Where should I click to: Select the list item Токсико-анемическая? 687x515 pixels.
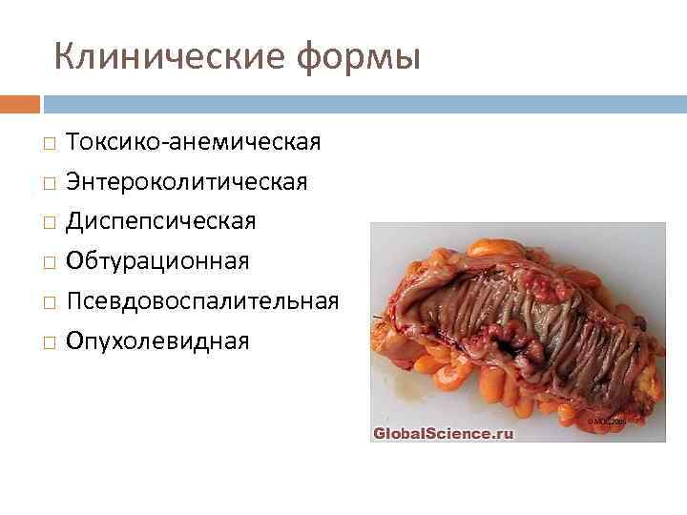pyautogui.click(x=193, y=142)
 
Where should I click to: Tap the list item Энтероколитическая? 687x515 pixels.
pyautogui.click(x=186, y=181)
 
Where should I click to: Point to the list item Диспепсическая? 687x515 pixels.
pyautogui.click(x=160, y=221)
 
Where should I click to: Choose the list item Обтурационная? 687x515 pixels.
pyautogui.click(x=157, y=261)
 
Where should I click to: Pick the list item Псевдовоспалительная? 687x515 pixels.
pyautogui.click(x=201, y=300)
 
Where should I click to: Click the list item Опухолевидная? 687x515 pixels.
pyautogui.click(x=157, y=340)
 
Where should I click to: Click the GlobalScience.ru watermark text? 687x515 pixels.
pyautogui.click(x=443, y=433)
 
